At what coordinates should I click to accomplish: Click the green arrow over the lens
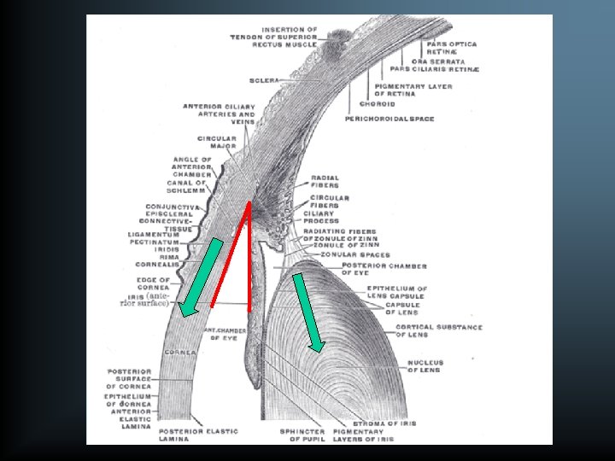tap(307, 312)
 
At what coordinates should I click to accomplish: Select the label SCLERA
tap(264, 80)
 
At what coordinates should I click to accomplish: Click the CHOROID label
tap(376, 104)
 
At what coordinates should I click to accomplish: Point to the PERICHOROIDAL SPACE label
tap(389, 119)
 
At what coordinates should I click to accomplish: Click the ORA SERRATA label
tap(438, 61)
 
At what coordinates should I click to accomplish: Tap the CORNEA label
tap(182, 352)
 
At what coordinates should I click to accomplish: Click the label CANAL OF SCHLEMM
tap(188, 187)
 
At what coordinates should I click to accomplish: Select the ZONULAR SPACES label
tap(355, 254)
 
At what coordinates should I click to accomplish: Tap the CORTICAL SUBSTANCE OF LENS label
tap(434, 330)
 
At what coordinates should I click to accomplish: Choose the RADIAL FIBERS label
tap(325, 182)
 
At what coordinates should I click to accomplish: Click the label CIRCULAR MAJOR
tap(217, 143)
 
